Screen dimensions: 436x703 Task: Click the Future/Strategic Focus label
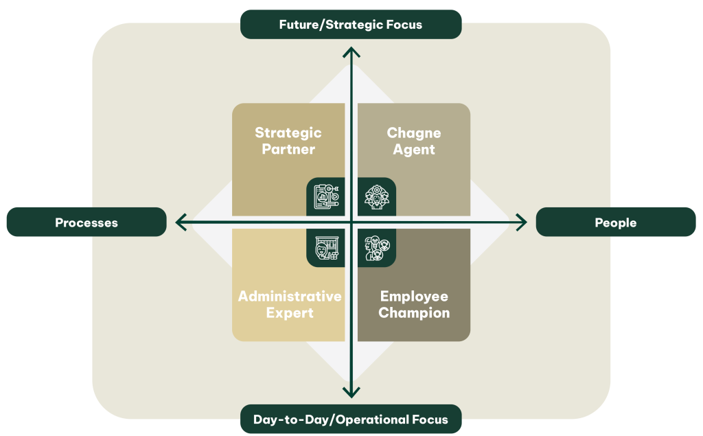point(351,25)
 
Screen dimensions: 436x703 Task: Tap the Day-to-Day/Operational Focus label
point(351,420)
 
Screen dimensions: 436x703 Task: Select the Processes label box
point(87,222)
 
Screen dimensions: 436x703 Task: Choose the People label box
point(616,222)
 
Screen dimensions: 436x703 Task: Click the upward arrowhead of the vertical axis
point(351,51)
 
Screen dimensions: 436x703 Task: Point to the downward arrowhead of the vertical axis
point(351,393)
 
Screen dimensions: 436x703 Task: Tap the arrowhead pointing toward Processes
point(180,222)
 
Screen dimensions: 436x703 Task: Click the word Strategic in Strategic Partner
point(288,133)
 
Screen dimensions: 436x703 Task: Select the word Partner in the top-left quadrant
point(288,149)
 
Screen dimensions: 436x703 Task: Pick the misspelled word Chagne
point(414,133)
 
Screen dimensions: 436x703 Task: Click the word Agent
point(414,149)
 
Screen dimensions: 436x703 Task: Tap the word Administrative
point(290,297)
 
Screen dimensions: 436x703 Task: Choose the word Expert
point(290,313)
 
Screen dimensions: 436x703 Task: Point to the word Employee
point(414,297)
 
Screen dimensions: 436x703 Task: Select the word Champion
point(414,313)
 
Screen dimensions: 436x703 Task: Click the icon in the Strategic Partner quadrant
point(326,197)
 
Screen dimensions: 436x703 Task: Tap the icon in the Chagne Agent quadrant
point(376,197)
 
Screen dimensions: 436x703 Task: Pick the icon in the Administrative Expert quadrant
point(326,248)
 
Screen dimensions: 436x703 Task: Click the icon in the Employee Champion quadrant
point(376,248)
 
